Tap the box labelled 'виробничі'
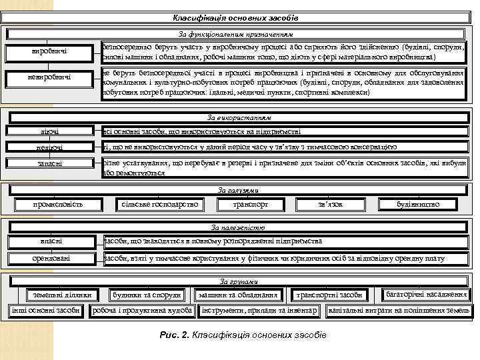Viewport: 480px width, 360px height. point(49,52)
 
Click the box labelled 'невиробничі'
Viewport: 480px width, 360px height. point(49,79)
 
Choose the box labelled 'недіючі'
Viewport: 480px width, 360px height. point(50,147)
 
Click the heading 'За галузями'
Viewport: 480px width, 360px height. point(238,191)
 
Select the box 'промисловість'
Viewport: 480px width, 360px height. point(58,204)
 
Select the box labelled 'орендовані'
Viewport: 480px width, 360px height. point(51,258)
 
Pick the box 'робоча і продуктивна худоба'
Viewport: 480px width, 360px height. point(143,311)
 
